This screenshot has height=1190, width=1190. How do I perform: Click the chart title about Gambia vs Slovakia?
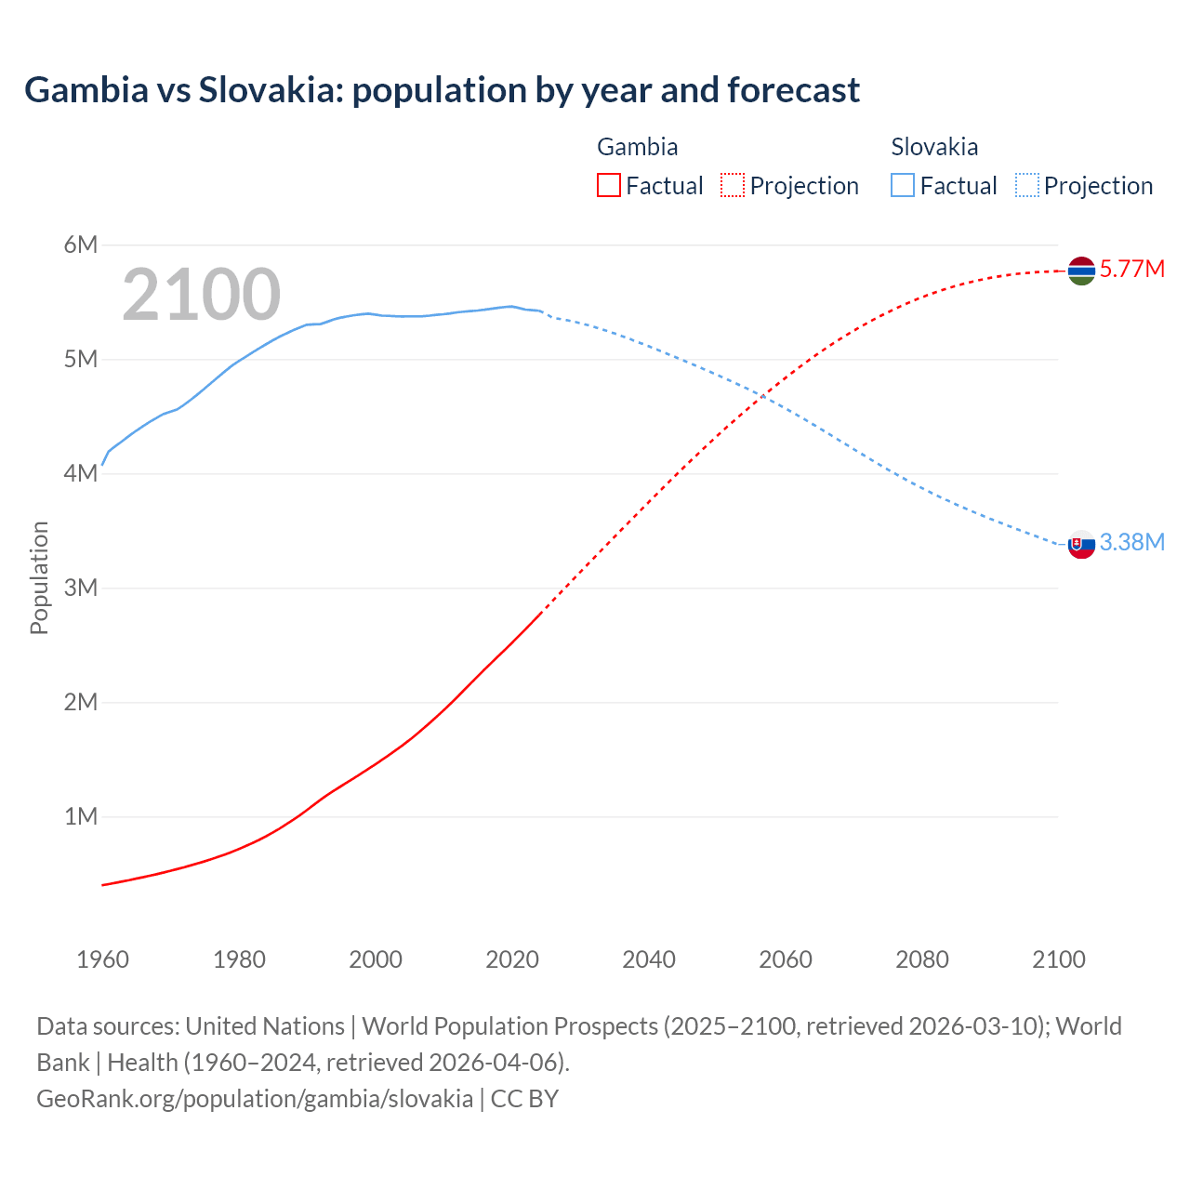point(442,90)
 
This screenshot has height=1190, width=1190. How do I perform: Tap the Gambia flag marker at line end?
point(1081,271)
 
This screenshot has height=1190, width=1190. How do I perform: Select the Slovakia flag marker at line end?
point(1081,544)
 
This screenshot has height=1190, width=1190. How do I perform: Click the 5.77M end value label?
point(1131,270)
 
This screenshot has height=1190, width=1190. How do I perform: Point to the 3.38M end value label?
point(1131,543)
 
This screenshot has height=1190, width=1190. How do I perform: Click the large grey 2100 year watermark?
point(201,295)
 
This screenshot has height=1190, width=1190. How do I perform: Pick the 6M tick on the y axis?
point(81,245)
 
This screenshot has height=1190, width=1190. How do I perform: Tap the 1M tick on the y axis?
point(81,816)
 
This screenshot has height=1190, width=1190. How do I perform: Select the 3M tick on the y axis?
point(81,588)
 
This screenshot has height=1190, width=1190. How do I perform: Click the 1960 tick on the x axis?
point(102,959)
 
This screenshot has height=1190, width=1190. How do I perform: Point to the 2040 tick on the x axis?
point(649,959)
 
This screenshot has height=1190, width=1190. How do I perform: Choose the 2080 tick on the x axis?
point(922,959)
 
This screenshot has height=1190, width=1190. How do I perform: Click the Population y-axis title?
point(39,577)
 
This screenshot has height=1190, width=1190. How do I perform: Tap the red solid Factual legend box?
point(608,186)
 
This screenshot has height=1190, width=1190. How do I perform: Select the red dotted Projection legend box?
point(733,186)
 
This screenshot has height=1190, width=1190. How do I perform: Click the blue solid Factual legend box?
point(903,186)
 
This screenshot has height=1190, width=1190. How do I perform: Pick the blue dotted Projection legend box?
point(1026,186)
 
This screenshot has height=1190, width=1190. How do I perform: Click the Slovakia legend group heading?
point(934,147)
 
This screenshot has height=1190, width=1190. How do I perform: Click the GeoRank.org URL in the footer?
point(255,1099)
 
